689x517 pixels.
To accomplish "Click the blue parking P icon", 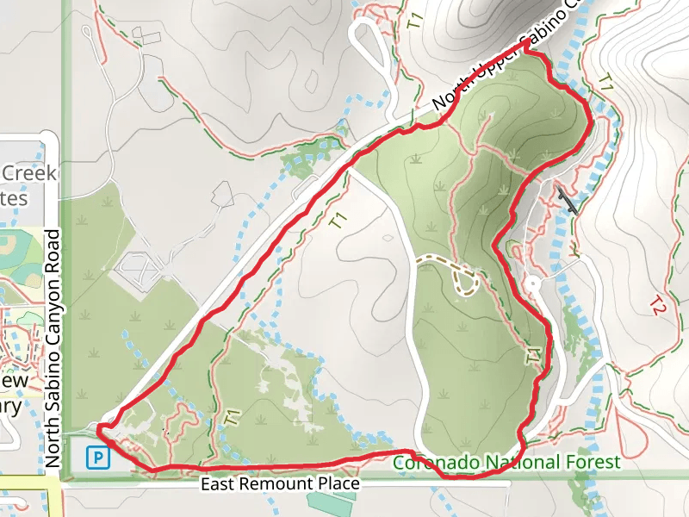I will [100, 457].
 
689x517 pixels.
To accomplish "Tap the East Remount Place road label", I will [280, 484].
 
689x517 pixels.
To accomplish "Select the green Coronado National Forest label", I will [506, 463].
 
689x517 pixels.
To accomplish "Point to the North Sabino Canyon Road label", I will [53, 350].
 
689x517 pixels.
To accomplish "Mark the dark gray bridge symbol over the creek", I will [567, 200].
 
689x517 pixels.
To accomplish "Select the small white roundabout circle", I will [532, 283].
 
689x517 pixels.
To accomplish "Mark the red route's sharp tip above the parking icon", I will [100, 427].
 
